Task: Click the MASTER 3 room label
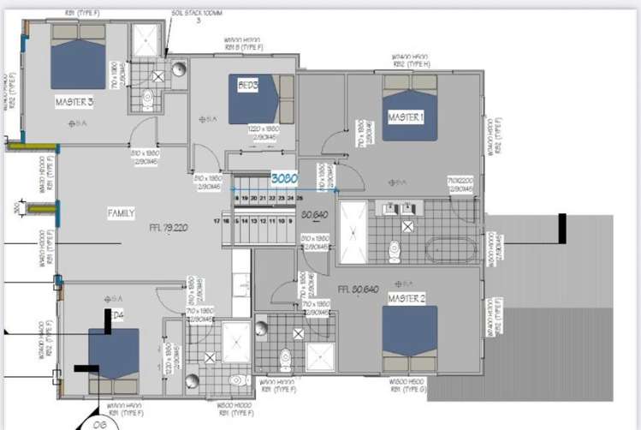[x=74, y=102]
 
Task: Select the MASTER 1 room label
[x=406, y=116]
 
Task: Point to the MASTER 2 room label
[x=406, y=298]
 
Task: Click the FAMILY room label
[x=120, y=212]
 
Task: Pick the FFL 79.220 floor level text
[x=169, y=228]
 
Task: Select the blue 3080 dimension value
[x=284, y=179]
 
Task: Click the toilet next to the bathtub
[x=395, y=250]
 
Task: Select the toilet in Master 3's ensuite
[x=147, y=100]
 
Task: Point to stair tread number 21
[x=263, y=198]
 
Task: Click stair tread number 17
[x=217, y=221]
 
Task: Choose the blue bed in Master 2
[x=409, y=338]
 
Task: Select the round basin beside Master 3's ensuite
[x=178, y=69]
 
